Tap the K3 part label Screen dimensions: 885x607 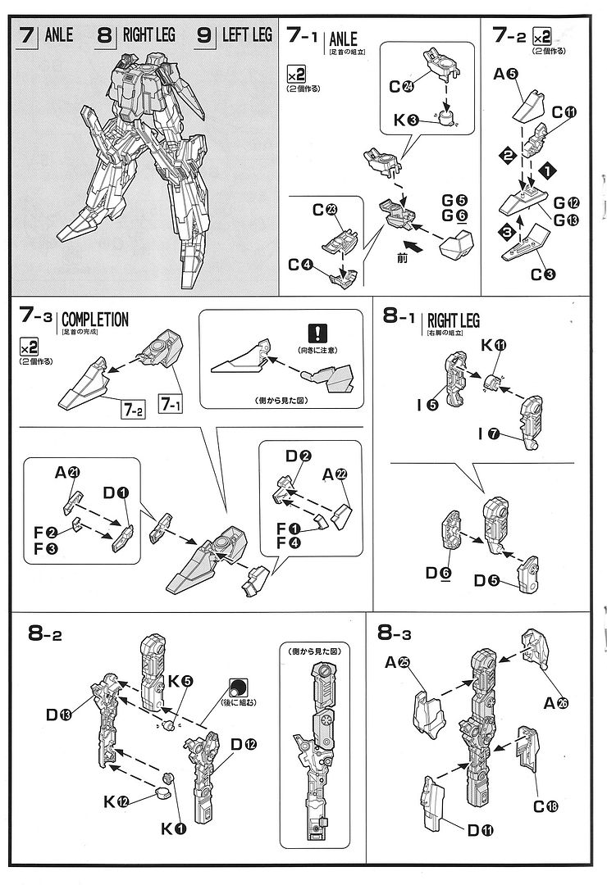coord(406,120)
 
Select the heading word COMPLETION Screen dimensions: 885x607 coord(95,320)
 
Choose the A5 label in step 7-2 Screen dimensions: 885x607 coord(507,75)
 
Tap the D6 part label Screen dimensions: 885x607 coord(436,573)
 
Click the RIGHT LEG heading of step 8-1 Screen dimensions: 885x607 coord(453,320)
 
